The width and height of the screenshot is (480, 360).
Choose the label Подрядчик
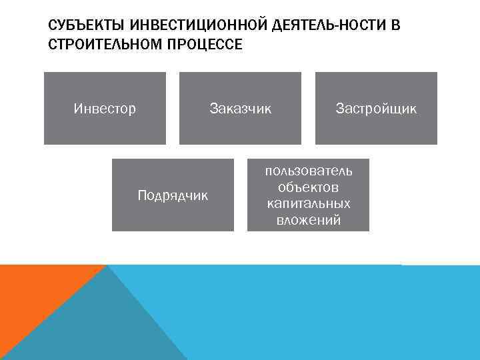173,195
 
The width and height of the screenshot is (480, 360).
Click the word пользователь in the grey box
308,171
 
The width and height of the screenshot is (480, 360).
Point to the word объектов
308,187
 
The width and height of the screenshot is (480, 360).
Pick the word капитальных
308,203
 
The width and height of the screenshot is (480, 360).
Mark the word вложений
308,220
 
